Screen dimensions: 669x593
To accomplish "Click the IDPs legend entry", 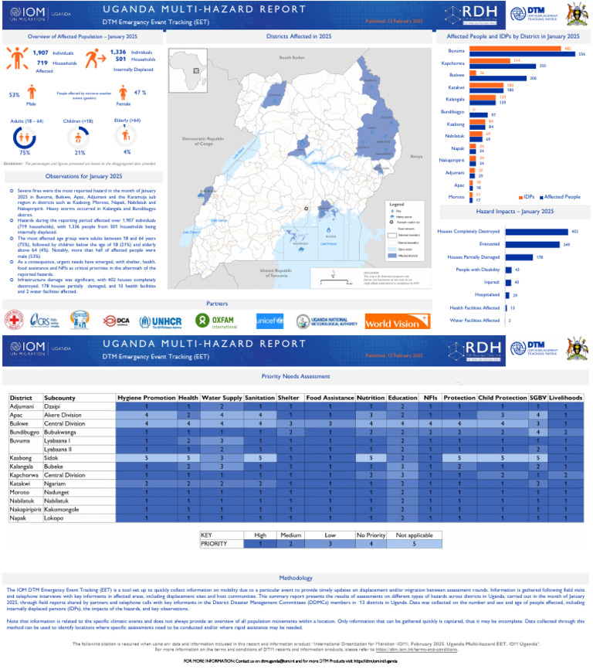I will (x=531, y=197).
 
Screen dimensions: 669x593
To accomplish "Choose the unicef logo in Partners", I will (x=270, y=321).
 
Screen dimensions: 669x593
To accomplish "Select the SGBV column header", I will (x=537, y=398).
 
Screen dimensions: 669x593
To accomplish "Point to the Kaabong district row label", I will (x=22, y=458).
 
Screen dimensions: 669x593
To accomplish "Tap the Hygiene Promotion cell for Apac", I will (x=145, y=415).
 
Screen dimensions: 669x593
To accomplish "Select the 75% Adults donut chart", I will (x=25, y=137).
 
